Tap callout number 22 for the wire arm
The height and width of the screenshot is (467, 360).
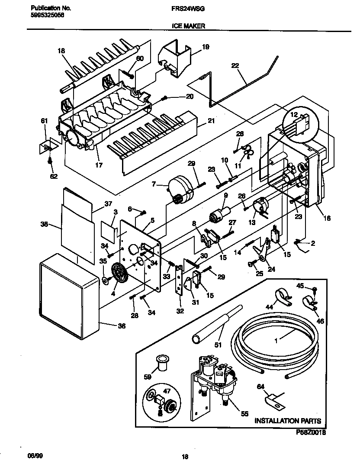point(235,66)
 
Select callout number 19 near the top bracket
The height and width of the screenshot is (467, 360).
point(205,47)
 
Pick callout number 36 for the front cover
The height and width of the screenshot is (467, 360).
point(122,326)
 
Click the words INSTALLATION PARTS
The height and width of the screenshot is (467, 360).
point(288,421)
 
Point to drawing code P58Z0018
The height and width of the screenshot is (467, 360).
point(311,432)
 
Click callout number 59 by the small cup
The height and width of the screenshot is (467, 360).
point(148,377)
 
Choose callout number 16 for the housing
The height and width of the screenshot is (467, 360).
point(327,219)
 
